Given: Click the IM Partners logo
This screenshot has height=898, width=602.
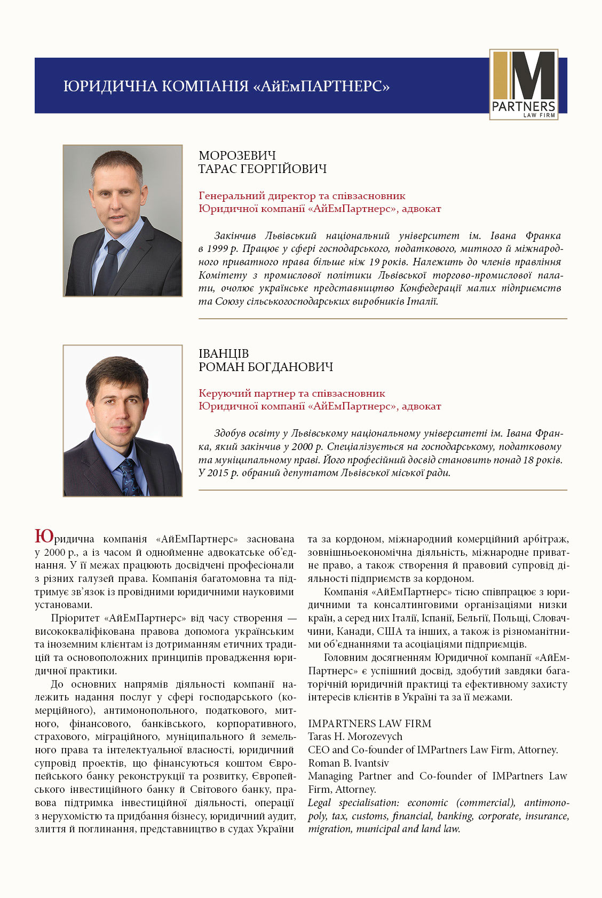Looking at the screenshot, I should click(524, 84).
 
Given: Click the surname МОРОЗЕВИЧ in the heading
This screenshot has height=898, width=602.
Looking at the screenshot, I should click(237, 155).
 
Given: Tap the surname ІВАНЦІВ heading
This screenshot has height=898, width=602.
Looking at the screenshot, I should click(224, 353).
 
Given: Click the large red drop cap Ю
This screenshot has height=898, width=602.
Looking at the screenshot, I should click(43, 536).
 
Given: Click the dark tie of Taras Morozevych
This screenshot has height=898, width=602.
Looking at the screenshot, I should click(112, 264).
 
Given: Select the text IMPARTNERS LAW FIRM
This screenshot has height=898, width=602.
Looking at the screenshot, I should click(369, 723).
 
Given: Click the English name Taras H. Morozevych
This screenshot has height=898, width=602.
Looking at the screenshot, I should click(355, 737).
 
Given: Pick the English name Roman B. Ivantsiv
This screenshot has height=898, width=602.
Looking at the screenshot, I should click(348, 763).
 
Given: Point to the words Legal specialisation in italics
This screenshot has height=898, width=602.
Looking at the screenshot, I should click(353, 803).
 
